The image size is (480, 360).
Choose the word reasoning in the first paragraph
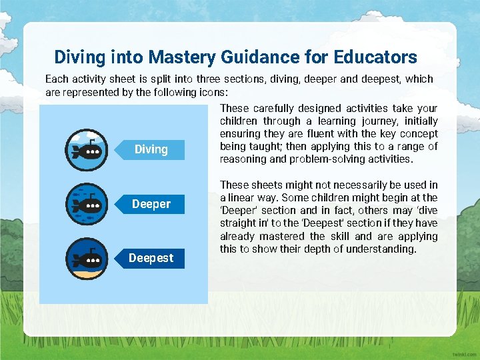[244, 159]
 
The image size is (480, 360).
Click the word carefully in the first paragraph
[275, 108]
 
